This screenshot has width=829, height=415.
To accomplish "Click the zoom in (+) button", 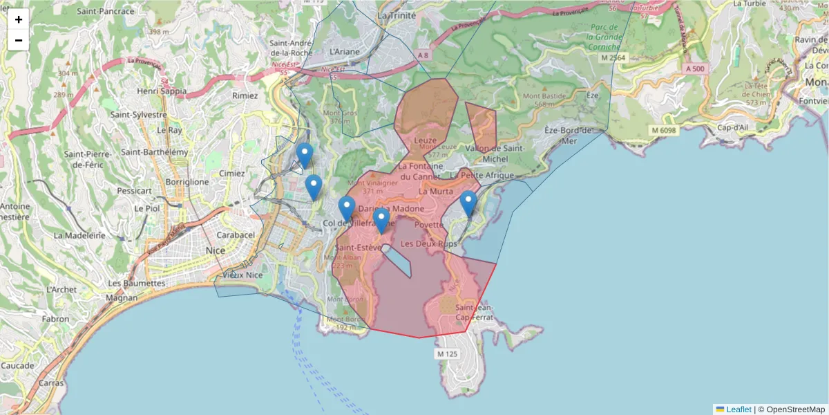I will click(19, 19).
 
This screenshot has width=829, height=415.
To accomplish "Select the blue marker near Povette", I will click(468, 204).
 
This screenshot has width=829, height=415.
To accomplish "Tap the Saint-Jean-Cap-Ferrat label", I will click(474, 313).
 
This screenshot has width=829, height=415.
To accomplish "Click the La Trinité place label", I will click(397, 15).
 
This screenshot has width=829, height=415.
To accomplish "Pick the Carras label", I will click(51, 382).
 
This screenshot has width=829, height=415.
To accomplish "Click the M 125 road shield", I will click(447, 354).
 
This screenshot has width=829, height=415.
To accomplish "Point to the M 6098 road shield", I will click(663, 130).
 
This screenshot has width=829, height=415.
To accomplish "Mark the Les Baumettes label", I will click(137, 283).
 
